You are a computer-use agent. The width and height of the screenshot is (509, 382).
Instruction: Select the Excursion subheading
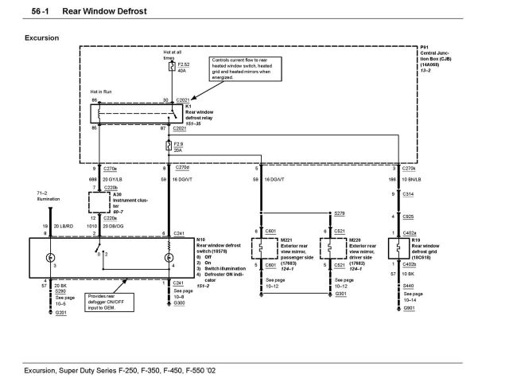(41, 37)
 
